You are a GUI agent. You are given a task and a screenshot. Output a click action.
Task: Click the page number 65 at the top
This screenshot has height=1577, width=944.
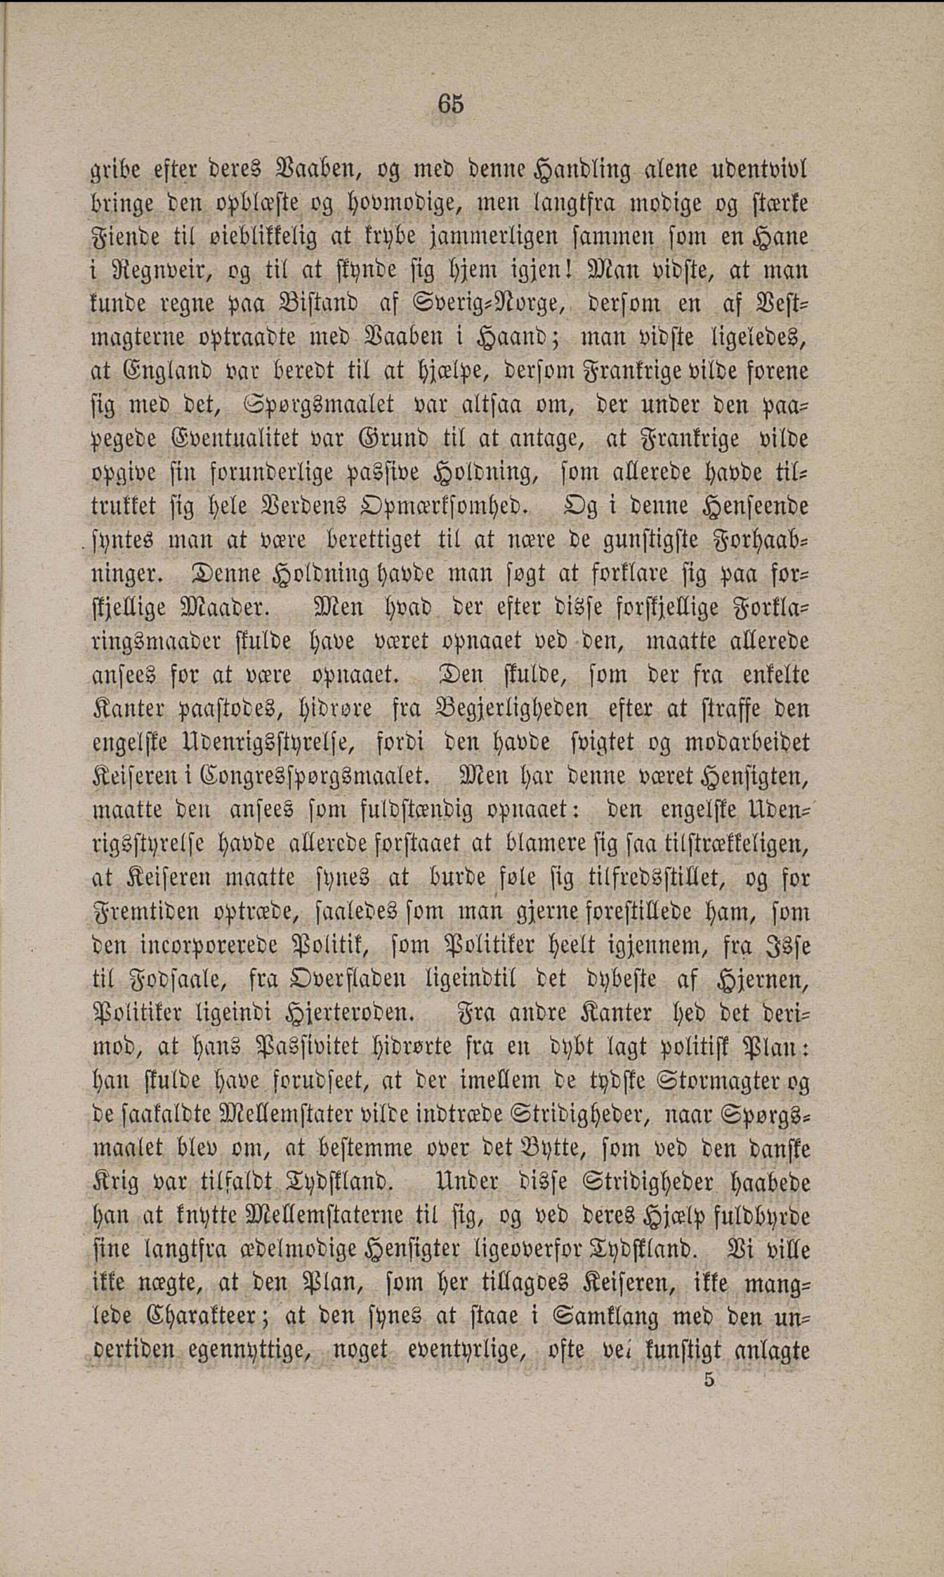tap(450, 104)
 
